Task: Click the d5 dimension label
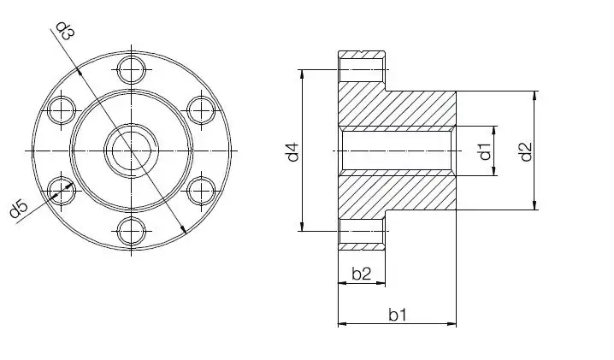click(x=19, y=208)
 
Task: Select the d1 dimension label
click(x=484, y=152)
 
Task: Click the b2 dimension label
click(x=361, y=274)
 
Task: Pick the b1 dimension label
click(x=397, y=315)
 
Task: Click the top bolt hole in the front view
click(x=131, y=68)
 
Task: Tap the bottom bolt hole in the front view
click(x=131, y=232)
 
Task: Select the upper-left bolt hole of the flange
click(x=61, y=109)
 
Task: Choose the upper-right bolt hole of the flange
click(x=201, y=109)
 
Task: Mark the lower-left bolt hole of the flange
click(x=61, y=190)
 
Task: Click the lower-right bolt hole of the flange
click(x=201, y=190)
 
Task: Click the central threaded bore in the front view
click(x=131, y=150)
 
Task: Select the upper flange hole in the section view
click(x=363, y=67)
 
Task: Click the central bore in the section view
click(x=397, y=150)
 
